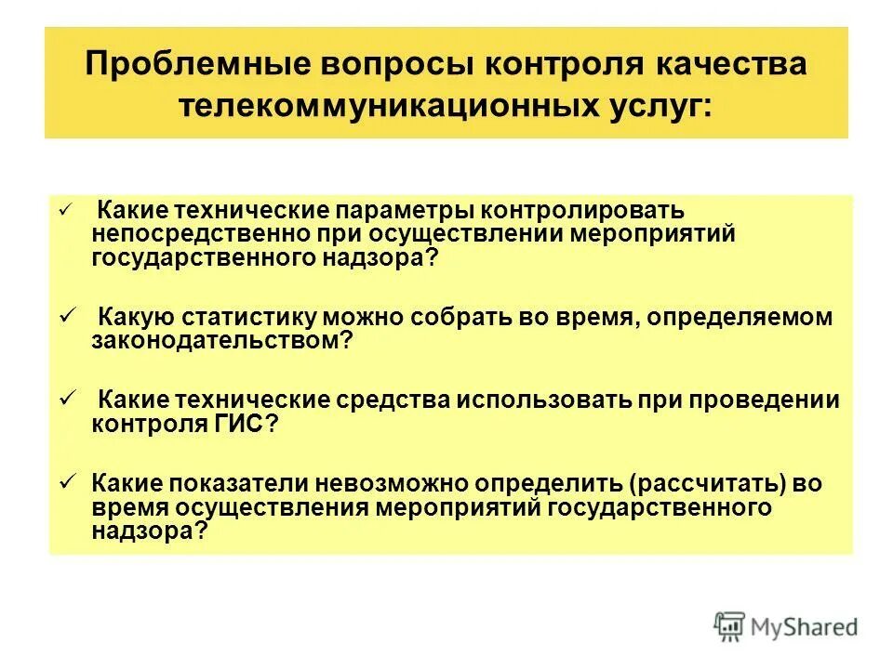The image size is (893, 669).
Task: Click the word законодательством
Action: (x=218, y=339)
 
